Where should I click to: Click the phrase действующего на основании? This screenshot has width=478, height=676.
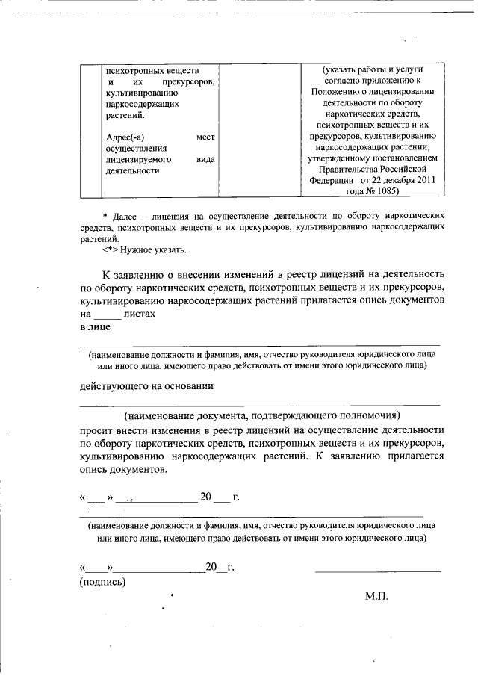pos(147,386)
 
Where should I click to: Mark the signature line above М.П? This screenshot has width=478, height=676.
pos(378,571)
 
